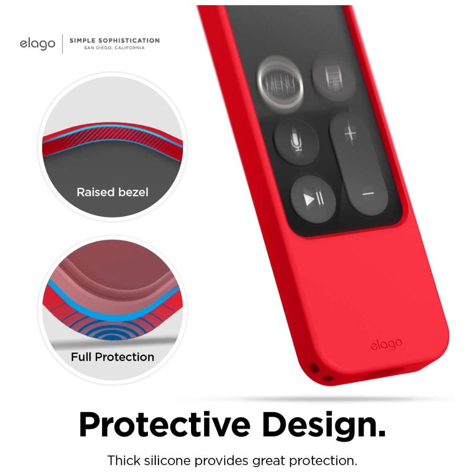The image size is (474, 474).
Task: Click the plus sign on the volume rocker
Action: pyautogui.click(x=350, y=134)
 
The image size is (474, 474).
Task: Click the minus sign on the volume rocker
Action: pyautogui.click(x=368, y=193)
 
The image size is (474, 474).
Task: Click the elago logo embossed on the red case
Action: pyautogui.click(x=386, y=344)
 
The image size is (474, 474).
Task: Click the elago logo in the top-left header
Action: pyautogui.click(x=37, y=44)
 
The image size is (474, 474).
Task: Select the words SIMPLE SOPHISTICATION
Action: pyautogui.click(x=114, y=40)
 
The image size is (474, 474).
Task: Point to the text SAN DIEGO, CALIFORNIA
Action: pyautogui.click(x=114, y=48)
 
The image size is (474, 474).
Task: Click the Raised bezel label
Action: pyautogui.click(x=112, y=192)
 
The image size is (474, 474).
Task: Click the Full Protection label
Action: pyautogui.click(x=112, y=357)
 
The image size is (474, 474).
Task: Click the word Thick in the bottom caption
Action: pyautogui.click(x=122, y=460)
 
